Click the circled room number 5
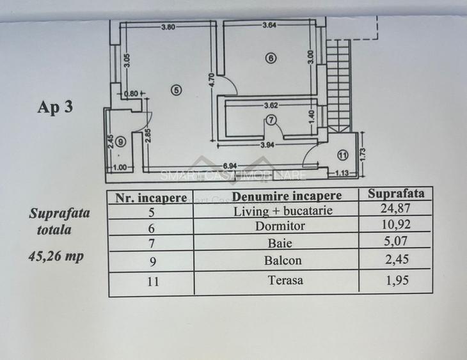click(177, 90)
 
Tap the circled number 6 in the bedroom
click(271, 58)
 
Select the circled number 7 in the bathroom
click(271, 120)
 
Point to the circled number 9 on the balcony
click(120, 142)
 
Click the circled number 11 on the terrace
click(343, 155)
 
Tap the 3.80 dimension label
click(168, 27)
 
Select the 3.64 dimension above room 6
click(269, 25)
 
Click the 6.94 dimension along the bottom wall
click(230, 166)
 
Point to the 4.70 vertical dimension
click(212, 81)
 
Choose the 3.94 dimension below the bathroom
click(267, 145)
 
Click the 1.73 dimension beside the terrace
click(363, 154)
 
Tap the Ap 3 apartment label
click(55, 107)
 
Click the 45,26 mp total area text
click(56, 256)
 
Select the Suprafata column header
click(396, 194)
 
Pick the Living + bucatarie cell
click(283, 211)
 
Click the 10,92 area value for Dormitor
click(396, 224)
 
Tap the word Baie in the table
click(280, 243)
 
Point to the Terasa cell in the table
click(285, 280)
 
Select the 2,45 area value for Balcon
click(397, 260)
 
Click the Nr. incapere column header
click(151, 198)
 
